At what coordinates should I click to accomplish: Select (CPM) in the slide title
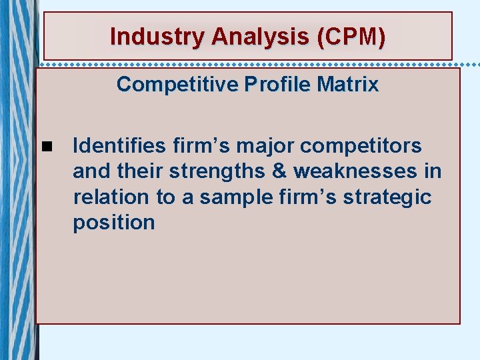pos(352,36)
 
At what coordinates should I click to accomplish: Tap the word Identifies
pos(118,145)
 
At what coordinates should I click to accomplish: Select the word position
pos(113,223)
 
